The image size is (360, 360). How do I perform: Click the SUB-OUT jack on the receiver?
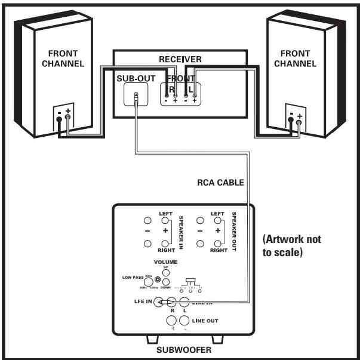(137, 95)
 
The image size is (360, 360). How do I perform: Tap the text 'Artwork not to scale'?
(291, 245)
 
